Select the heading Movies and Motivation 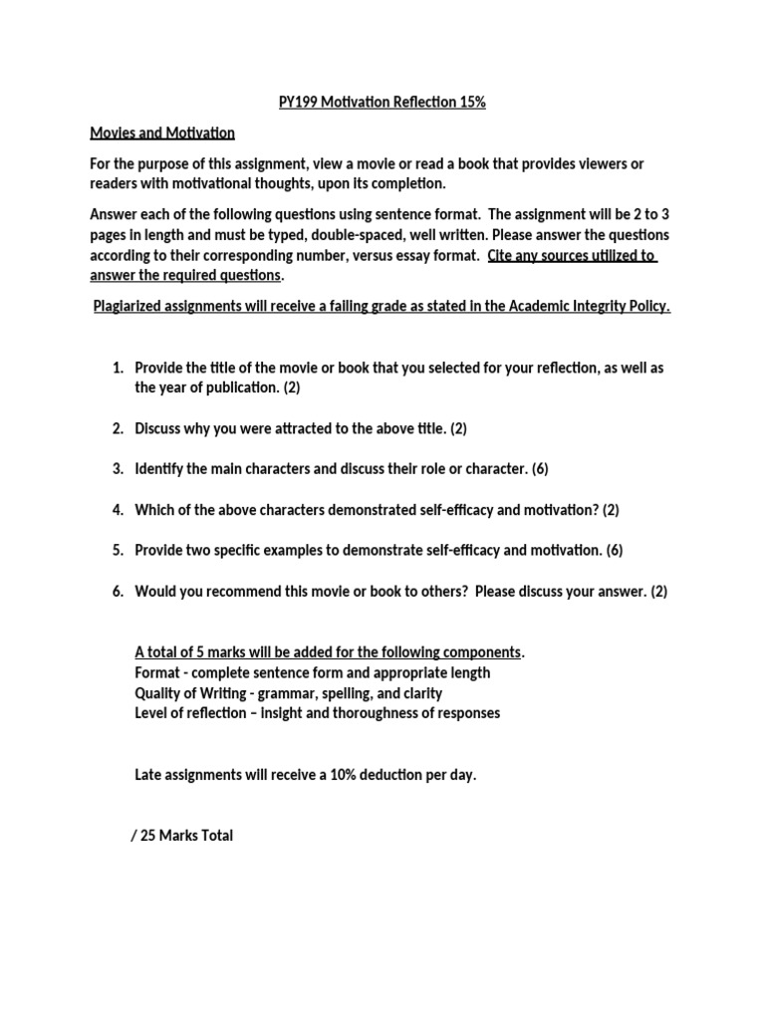(162, 132)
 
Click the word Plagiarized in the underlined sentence (134, 307)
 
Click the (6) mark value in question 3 (540, 469)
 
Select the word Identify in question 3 (159, 469)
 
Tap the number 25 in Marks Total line (148, 836)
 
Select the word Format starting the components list (156, 672)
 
